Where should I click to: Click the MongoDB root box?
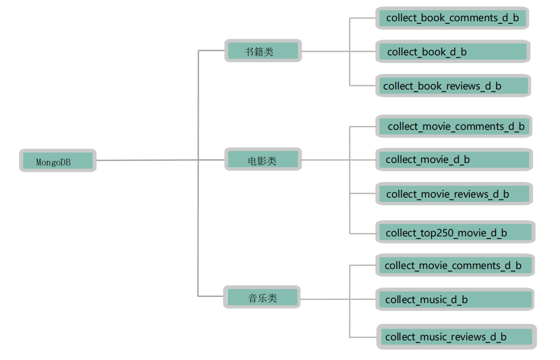57,161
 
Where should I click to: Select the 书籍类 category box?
263,51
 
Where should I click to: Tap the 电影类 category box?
263,160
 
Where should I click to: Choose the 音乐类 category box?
262,297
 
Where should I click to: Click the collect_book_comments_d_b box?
452,18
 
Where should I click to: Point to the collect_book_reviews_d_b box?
453,86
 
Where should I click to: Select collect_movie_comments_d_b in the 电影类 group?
453,126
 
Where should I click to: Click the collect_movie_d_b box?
454,160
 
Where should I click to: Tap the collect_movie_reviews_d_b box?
454,194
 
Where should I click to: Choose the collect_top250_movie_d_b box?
455,232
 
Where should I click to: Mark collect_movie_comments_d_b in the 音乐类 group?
455,266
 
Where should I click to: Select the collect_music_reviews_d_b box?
456,337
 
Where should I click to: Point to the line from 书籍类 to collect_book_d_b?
326,51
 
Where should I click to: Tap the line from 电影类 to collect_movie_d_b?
326,160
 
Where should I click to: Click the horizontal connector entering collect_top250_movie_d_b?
363,233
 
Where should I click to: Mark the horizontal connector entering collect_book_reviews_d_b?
363,85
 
